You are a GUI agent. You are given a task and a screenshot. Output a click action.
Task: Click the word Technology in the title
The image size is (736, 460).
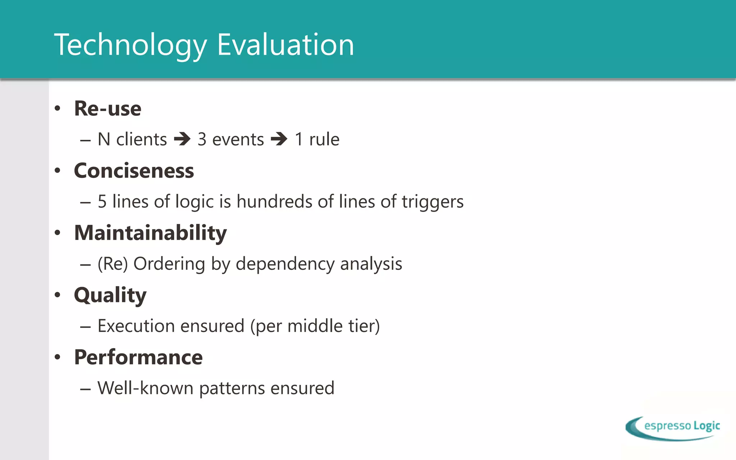pyautogui.click(x=130, y=45)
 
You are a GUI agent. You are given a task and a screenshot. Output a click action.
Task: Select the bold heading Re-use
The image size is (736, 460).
pyautogui.click(x=107, y=109)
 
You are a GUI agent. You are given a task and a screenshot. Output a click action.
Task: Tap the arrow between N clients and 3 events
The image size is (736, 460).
pyautogui.click(x=182, y=139)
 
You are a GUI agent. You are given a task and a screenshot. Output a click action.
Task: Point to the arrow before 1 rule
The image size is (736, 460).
pyautogui.click(x=279, y=139)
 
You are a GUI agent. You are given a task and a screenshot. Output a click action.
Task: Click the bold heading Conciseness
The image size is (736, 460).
pyautogui.click(x=134, y=171)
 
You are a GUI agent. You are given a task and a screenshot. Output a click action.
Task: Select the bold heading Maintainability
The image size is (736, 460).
pyautogui.click(x=150, y=233)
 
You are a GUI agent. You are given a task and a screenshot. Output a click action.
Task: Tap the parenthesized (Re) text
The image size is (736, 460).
pyautogui.click(x=112, y=264)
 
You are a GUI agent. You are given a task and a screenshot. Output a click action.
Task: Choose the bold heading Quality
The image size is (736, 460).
pyautogui.click(x=110, y=295)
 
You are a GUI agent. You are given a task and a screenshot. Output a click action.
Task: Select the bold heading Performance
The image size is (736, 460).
pyautogui.click(x=138, y=357)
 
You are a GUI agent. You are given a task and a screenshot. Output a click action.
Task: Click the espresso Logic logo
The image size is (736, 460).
pyautogui.click(x=673, y=428)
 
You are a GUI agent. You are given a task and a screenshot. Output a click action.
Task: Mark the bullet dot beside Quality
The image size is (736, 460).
pyautogui.click(x=57, y=295)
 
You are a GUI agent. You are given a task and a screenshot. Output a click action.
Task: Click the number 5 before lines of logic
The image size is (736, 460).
pyautogui.click(x=102, y=202)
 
